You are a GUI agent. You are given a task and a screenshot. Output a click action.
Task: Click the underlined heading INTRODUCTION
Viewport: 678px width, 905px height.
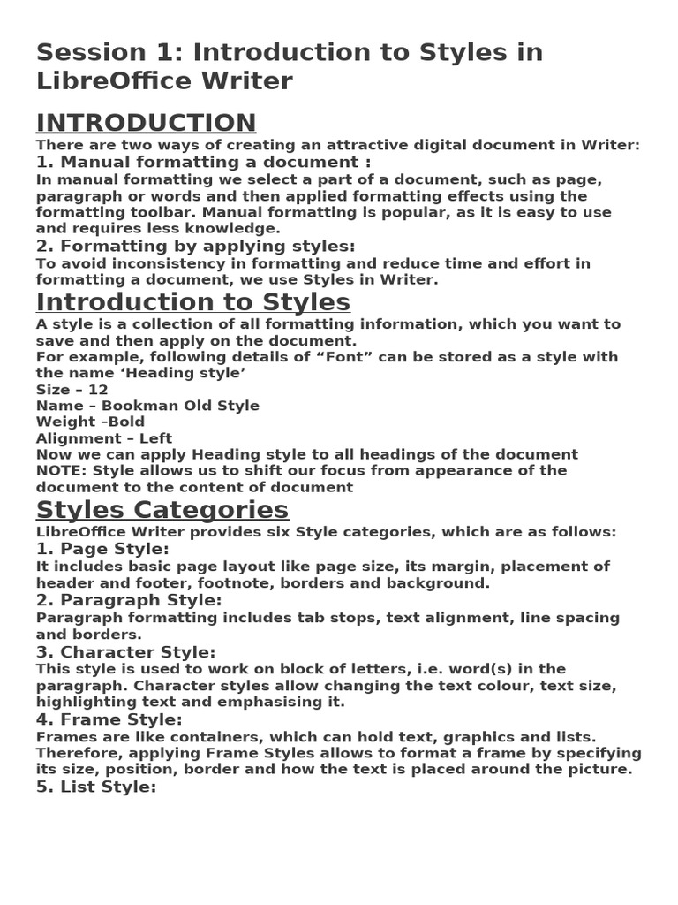click(x=146, y=123)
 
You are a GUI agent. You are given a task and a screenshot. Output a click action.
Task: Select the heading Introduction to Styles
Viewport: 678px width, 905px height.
click(x=192, y=302)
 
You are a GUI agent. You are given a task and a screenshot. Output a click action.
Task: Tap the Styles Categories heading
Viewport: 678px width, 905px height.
click(x=162, y=510)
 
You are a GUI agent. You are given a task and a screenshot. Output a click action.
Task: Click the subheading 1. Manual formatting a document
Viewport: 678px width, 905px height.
click(x=203, y=162)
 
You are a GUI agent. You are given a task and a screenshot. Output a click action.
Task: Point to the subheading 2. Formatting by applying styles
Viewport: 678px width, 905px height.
click(x=195, y=246)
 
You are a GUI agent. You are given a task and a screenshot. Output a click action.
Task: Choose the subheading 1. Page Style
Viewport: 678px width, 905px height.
click(x=102, y=549)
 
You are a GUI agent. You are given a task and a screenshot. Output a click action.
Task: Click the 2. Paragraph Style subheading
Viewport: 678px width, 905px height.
click(x=129, y=600)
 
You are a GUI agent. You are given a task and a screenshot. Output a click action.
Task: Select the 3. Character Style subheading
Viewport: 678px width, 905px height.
click(x=125, y=652)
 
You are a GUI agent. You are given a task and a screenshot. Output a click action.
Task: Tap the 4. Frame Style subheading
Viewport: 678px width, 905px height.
click(x=109, y=719)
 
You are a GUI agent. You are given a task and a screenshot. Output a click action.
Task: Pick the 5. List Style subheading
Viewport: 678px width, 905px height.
click(x=96, y=787)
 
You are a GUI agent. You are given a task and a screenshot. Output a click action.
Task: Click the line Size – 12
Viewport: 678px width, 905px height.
click(x=72, y=390)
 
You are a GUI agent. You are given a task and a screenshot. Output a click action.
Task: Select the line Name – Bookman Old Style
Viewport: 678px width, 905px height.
click(x=147, y=406)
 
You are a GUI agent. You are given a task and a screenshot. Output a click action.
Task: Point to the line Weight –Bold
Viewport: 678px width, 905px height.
click(x=90, y=422)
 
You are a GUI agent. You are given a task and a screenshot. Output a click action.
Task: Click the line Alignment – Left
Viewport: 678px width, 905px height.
click(x=104, y=438)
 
